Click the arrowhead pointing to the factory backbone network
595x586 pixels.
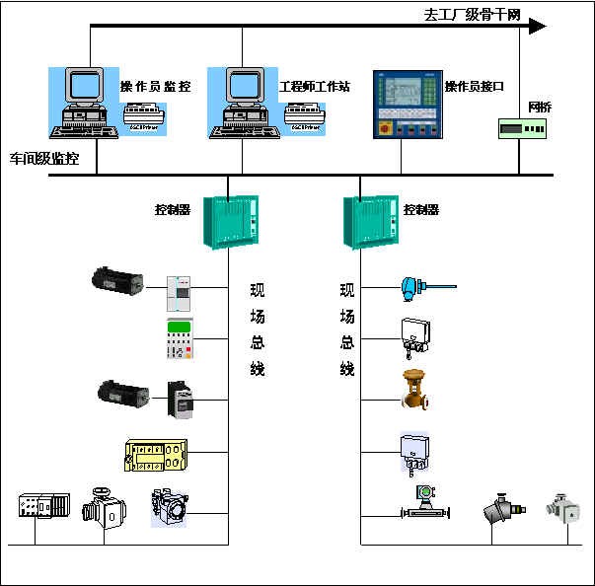point(536,26)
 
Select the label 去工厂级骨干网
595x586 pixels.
point(472,14)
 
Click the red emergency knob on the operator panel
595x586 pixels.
point(383,129)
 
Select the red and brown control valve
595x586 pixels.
point(414,390)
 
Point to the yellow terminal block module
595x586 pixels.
point(156,454)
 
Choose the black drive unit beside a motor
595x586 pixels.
point(183,401)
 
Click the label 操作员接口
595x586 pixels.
point(475,87)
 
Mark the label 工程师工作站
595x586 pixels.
point(315,87)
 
